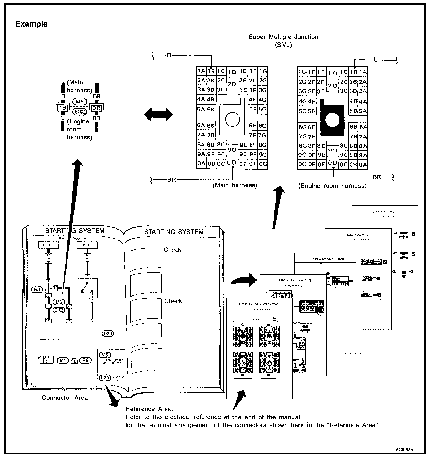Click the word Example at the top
(32, 24)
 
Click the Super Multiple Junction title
(283, 37)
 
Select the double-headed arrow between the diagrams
(158, 115)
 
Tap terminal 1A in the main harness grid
(201, 71)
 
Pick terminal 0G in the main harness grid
(263, 164)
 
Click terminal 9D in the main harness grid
(232, 150)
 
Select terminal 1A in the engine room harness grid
(363, 72)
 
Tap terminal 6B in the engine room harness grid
(353, 127)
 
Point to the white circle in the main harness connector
(232, 119)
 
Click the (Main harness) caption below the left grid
(235, 185)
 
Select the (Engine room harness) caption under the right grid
(332, 186)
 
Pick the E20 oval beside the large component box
(108, 333)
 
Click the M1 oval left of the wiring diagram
(37, 289)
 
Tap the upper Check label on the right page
(172, 250)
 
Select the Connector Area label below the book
(65, 397)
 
